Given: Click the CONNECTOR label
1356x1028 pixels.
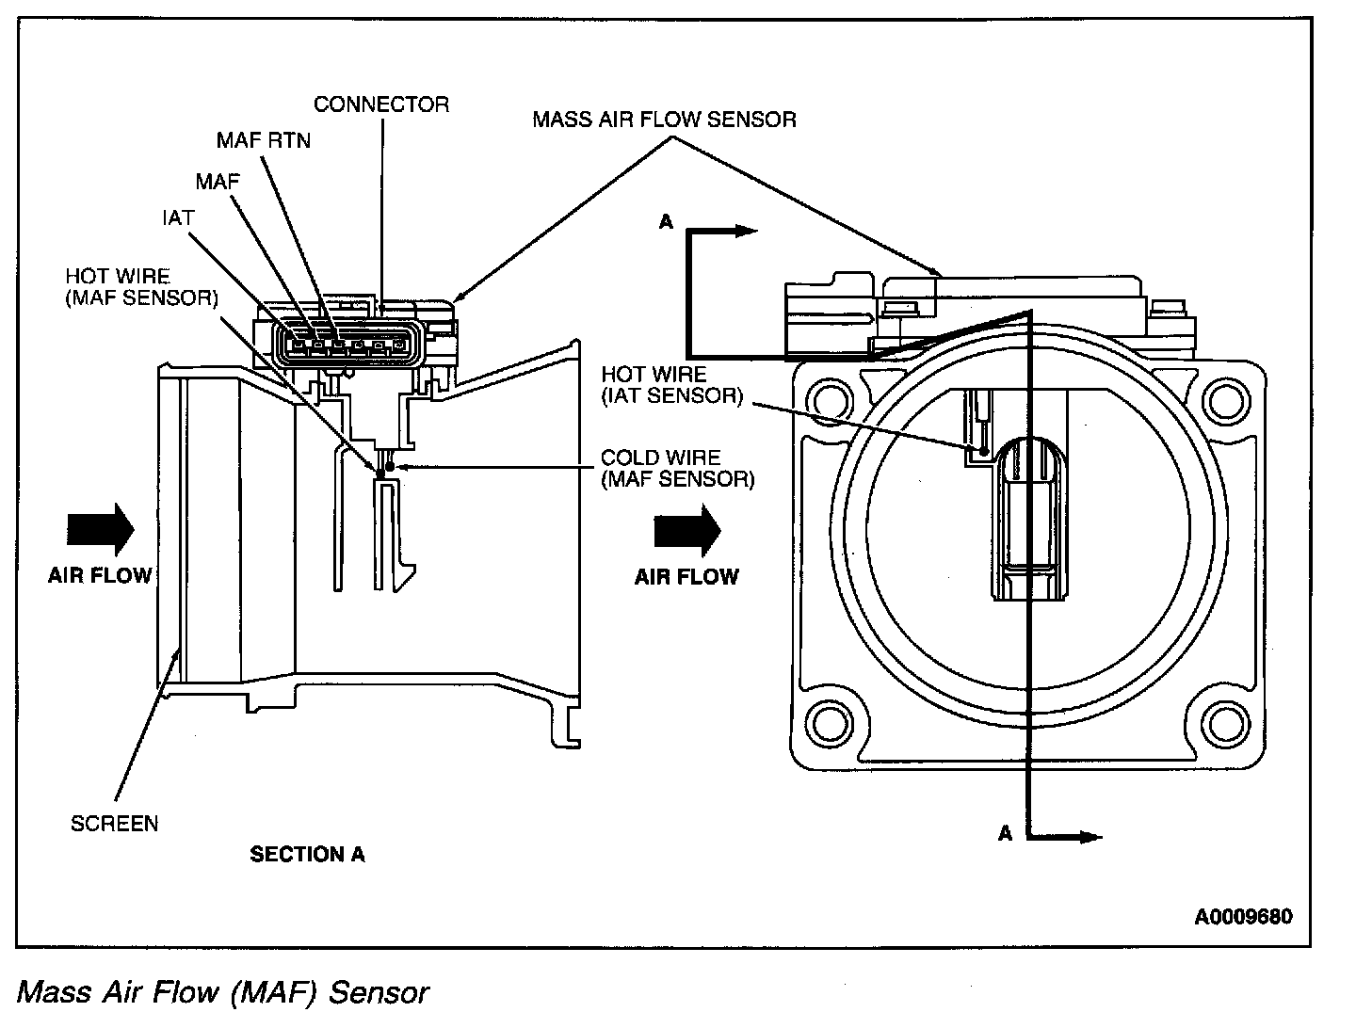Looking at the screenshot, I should point(381,104).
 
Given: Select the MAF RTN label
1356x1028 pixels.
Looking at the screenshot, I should point(263,140).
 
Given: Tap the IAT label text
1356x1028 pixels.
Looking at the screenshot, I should point(178,218).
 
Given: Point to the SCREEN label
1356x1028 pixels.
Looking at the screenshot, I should point(115,824).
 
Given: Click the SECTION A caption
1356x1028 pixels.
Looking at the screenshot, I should point(307,855).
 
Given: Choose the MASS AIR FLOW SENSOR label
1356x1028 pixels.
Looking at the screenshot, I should point(664,120).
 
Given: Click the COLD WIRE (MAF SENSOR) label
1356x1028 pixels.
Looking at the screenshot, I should point(677,468).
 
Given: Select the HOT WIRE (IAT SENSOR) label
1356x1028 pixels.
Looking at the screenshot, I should point(671,385).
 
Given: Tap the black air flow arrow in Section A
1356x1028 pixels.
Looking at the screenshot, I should point(101,529).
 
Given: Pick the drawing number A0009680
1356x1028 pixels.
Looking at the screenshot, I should point(1243,916).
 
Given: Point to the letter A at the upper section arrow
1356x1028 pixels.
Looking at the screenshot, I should point(667,222).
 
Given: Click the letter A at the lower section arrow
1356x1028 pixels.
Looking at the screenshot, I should point(1005,833).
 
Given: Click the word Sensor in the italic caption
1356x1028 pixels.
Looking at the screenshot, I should point(377,992).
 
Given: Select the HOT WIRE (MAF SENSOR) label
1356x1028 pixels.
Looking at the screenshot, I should point(141,286).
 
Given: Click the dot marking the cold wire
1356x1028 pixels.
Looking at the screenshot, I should point(389,466).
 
